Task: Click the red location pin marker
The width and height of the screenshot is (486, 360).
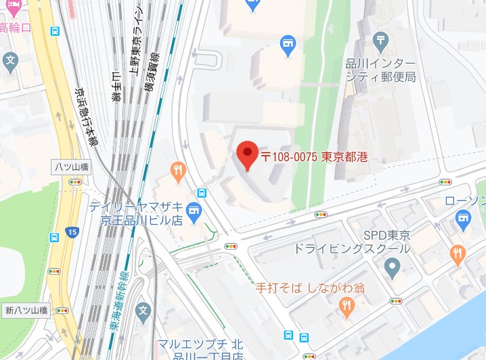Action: point(247,154)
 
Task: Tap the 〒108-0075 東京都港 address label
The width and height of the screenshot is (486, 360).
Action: point(314,157)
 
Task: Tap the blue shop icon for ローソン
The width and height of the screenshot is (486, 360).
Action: point(463,217)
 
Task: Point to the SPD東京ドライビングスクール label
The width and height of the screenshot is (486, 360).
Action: point(351,242)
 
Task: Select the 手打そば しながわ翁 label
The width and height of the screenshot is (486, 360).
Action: point(311,288)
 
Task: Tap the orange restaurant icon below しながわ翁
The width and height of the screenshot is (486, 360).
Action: point(347,309)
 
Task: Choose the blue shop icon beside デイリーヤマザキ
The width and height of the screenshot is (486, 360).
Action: point(195,211)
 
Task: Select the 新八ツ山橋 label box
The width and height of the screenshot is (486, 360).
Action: point(26,311)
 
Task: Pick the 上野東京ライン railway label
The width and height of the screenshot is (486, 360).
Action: point(137,41)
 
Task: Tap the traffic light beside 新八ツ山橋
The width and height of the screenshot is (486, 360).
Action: point(63,311)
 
